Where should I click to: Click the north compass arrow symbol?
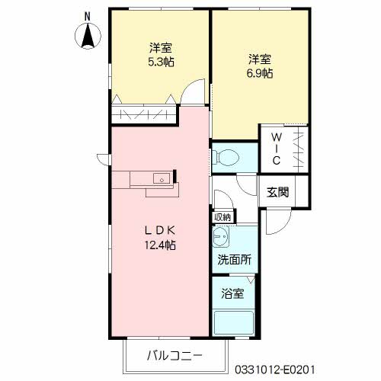tap(88, 37)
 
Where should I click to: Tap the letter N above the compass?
tap(88, 15)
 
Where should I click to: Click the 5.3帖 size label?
tap(160, 62)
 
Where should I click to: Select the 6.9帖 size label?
tap(260, 74)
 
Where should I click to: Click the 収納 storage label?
tap(222, 217)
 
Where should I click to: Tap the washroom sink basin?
tap(222, 240)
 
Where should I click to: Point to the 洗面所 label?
tap(235, 260)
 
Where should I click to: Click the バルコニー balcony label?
tap(174, 356)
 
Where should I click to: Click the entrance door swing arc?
tap(276, 219)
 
